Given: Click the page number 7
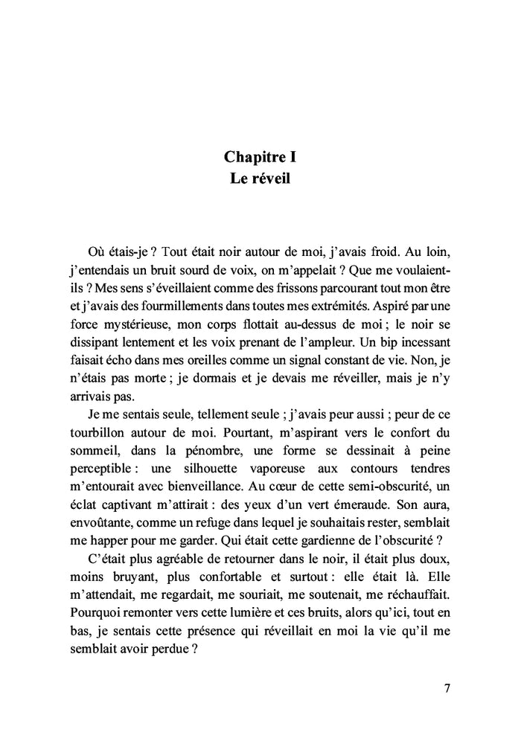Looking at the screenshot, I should [x=447, y=687].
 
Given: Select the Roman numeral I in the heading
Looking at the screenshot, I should [x=294, y=157].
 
